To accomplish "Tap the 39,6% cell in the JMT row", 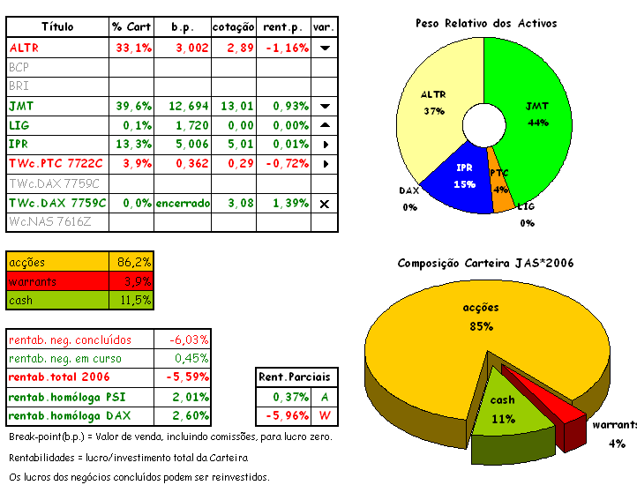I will pyautogui.click(x=132, y=106).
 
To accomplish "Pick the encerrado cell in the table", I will pyautogui.click(x=183, y=203).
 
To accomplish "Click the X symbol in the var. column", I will pyautogui.click(x=325, y=204).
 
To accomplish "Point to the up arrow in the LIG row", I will pyautogui.click(x=325, y=125).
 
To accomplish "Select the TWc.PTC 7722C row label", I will pyautogui.click(x=56, y=164).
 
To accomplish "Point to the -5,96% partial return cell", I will pyautogui.click(x=284, y=415).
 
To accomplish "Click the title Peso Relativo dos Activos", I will pyautogui.click(x=486, y=24).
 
